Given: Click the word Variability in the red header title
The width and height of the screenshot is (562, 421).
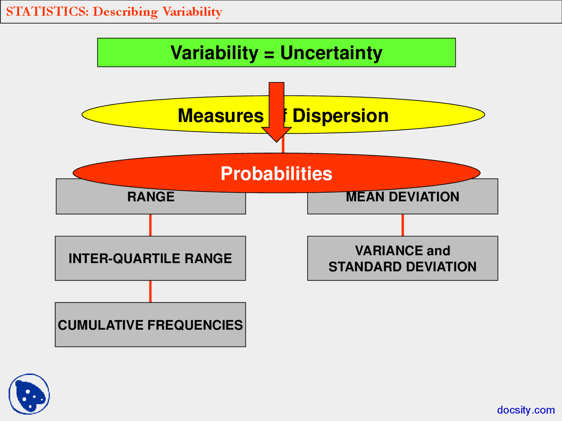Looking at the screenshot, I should point(192,11).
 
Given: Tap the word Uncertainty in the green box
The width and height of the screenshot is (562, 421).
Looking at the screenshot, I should point(331,53).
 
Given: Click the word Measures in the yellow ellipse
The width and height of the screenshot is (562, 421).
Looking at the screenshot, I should point(220,116).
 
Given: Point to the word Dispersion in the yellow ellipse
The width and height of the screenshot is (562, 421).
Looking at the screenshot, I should point(340,116).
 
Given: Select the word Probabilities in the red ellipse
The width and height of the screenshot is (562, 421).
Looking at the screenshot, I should point(276,174).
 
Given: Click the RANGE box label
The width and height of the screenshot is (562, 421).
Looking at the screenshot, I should point(151,197).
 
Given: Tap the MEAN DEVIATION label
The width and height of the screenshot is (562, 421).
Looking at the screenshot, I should point(402,197).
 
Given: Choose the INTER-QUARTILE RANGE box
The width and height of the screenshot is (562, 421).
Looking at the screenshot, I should point(150,258).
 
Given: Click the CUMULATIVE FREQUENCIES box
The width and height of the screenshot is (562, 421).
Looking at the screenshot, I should point(150,325).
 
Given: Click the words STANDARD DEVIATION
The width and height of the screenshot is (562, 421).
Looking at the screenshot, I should point(402,267).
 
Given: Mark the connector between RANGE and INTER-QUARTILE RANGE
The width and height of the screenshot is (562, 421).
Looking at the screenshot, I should point(151,225).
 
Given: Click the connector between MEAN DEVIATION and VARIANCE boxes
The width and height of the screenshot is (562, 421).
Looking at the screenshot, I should point(403,225).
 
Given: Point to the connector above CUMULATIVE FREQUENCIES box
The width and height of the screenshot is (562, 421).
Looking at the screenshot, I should point(151,291).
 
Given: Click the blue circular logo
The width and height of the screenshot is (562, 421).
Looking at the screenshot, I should point(29,394).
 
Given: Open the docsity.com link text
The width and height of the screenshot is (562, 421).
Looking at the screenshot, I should point(526,410).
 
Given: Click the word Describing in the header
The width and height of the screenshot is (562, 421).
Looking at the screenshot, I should point(125,11).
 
